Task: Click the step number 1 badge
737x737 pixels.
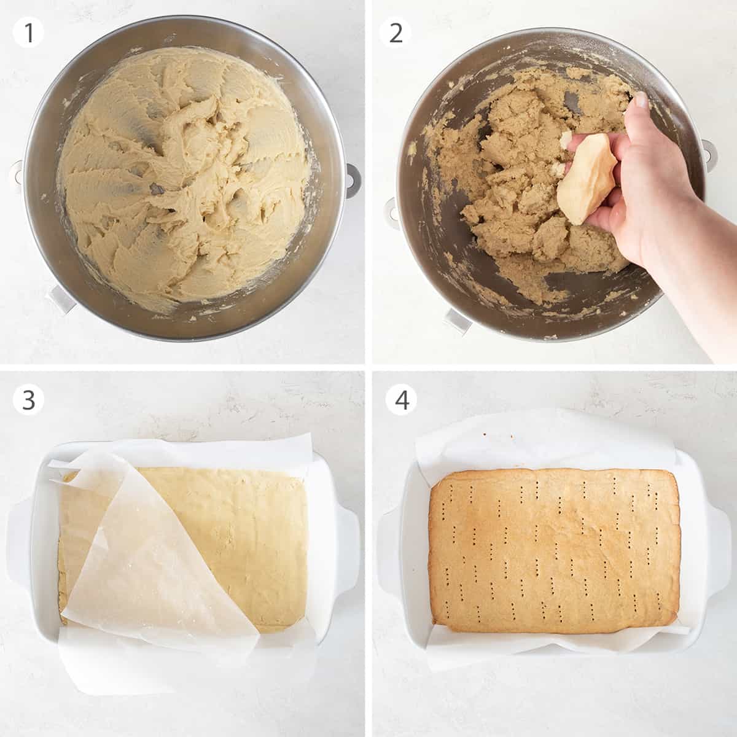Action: coord(28,33)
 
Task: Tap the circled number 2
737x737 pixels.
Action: coord(396,33)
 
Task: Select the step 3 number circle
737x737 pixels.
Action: coord(28,400)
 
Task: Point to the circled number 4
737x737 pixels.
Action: coord(401,400)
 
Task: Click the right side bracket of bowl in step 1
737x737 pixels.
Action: coord(353,179)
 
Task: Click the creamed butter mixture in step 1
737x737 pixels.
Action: coord(184,172)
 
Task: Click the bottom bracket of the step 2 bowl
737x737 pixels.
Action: coord(458,321)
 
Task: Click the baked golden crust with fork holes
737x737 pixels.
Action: coord(553,540)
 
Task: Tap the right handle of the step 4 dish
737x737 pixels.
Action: coord(717,540)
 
